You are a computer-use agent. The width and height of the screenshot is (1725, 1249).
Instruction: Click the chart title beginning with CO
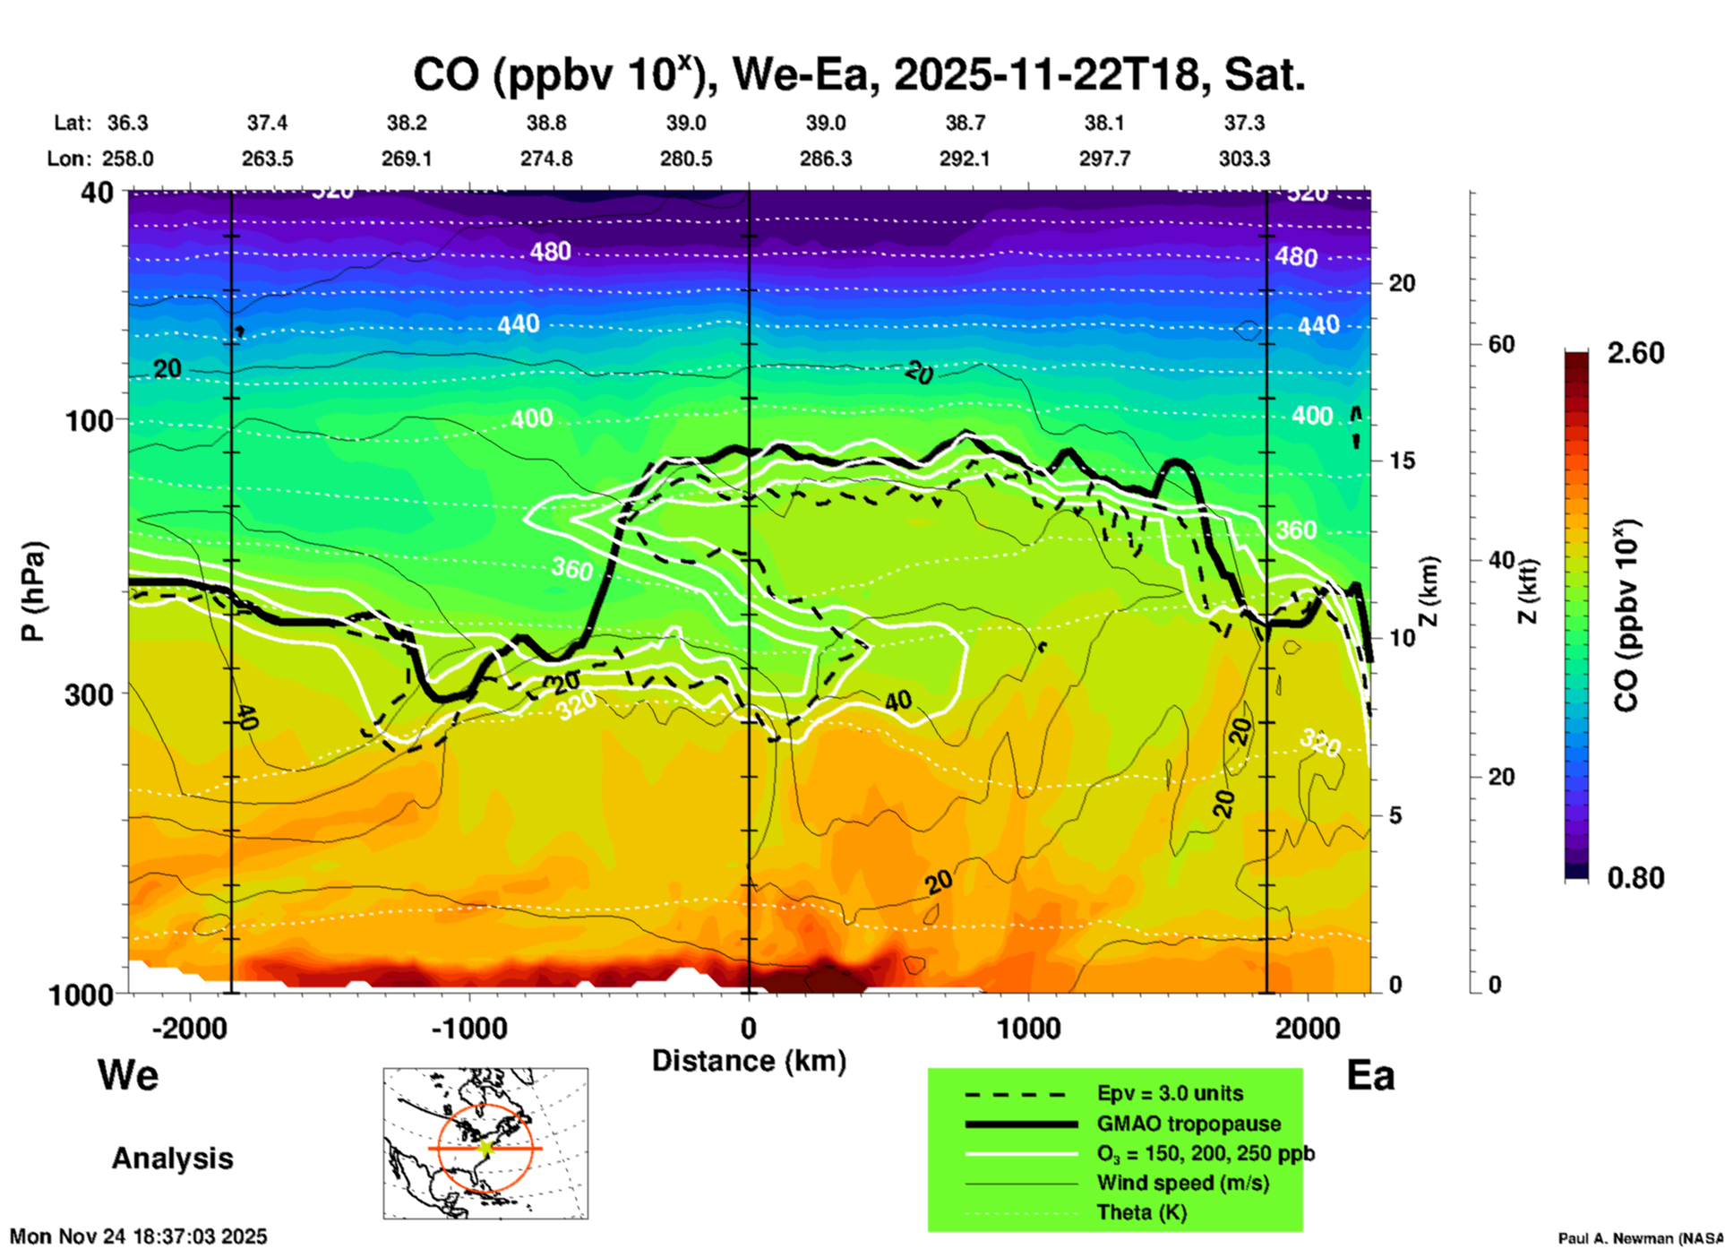tap(858, 74)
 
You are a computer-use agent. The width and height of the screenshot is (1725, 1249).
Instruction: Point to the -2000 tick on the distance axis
tap(190, 1029)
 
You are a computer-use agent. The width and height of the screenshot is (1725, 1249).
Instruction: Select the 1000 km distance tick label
tap(1028, 1029)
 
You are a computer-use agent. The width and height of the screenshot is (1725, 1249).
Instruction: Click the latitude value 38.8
tap(546, 123)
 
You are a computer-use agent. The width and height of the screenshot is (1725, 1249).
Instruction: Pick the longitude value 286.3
tap(826, 159)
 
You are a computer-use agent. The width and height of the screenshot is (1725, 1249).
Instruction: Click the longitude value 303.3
tap(1244, 159)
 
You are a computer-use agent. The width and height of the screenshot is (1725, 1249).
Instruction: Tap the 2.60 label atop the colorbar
tap(1635, 353)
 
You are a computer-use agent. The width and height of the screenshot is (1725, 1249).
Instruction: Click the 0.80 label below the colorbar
tap(1635, 877)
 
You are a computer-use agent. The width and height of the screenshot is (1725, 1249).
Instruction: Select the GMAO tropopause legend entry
tap(1189, 1124)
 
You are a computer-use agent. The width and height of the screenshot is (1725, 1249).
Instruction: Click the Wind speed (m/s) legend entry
tap(1182, 1183)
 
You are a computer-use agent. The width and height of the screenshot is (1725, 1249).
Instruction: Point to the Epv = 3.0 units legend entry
tap(1170, 1093)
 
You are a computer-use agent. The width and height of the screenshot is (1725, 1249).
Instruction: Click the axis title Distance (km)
tap(749, 1061)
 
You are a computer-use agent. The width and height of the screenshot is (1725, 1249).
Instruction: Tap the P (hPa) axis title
tap(33, 591)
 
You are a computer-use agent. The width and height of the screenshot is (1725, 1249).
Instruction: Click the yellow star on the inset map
tap(485, 1148)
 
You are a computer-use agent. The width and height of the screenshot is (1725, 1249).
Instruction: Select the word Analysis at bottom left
tap(172, 1159)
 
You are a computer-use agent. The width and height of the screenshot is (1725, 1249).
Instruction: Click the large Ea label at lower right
tap(1370, 1075)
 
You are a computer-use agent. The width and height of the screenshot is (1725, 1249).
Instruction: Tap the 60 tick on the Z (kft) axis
tap(1501, 344)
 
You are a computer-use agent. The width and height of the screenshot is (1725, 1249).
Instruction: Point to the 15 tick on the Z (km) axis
tap(1402, 461)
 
